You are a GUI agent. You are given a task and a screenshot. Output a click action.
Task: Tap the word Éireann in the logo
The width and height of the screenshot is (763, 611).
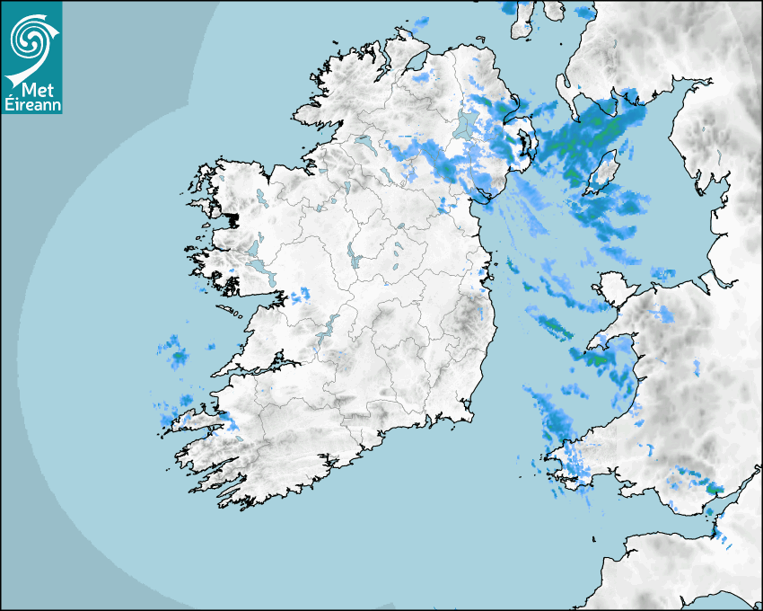[x=32, y=106]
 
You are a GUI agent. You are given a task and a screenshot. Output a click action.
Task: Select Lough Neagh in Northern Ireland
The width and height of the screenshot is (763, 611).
[x=464, y=123]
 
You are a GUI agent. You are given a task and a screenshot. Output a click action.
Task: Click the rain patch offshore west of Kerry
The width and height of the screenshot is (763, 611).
[x=175, y=353]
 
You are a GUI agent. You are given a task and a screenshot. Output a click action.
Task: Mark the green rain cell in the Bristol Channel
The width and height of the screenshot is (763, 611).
[x=713, y=487]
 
